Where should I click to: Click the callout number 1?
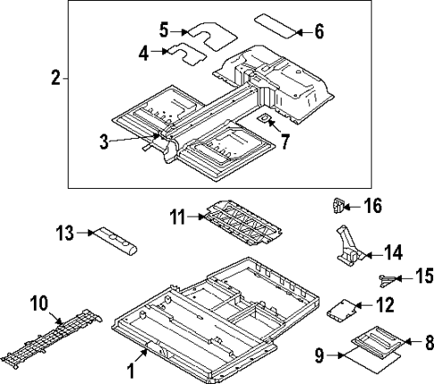132,367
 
